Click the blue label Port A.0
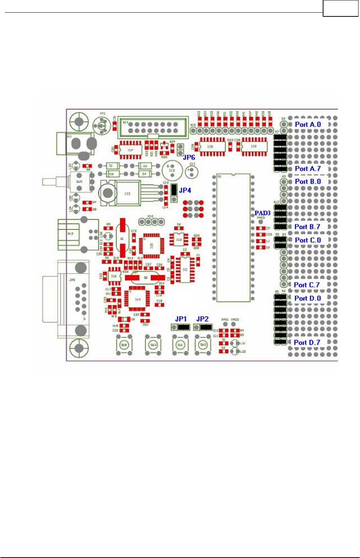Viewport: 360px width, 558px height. (x=307, y=124)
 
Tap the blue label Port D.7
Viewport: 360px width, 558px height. (x=307, y=343)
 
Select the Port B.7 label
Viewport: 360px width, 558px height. (x=307, y=227)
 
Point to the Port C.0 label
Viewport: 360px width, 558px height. (x=307, y=240)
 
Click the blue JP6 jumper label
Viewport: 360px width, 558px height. (x=189, y=157)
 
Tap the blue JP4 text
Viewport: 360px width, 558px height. (x=185, y=190)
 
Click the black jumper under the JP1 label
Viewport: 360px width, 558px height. (x=183, y=327)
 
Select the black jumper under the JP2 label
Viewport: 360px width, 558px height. (x=206, y=327)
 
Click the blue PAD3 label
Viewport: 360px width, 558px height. (x=262, y=213)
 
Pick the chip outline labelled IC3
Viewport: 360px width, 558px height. (x=127, y=193)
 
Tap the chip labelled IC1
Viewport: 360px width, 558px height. (x=185, y=269)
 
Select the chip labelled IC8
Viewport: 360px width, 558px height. (x=212, y=146)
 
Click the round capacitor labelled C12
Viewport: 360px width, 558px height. (x=172, y=170)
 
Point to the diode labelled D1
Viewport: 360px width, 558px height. (x=111, y=165)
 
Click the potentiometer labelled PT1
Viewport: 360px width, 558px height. (x=101, y=125)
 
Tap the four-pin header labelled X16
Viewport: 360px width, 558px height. (x=151, y=222)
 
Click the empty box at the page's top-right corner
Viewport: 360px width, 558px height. (x=340, y=9)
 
